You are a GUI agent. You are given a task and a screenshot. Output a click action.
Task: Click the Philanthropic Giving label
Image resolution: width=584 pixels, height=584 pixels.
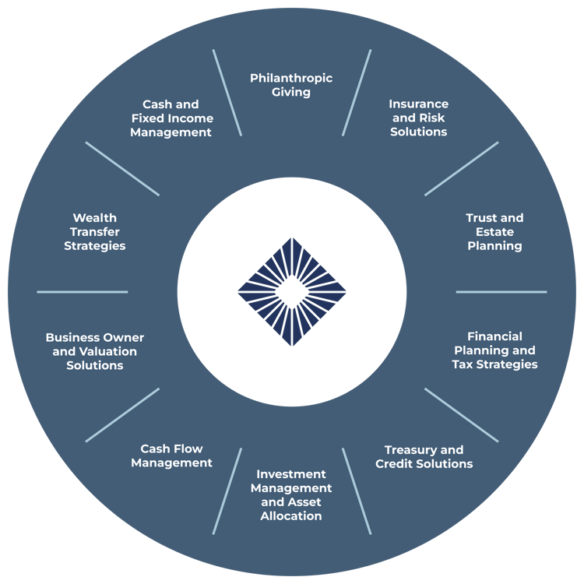pos(291,86)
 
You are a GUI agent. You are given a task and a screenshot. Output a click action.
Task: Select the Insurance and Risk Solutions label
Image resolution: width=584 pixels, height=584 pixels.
pos(419,118)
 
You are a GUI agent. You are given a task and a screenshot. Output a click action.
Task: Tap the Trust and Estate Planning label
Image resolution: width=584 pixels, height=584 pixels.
pos(494,232)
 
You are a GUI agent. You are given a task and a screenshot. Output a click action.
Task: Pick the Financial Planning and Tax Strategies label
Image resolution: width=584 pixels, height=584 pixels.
pos(494,350)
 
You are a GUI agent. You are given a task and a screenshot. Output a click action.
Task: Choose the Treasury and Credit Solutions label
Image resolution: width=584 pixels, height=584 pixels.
pos(424,456)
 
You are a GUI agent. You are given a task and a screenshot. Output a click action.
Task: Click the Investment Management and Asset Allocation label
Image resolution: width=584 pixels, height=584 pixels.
pos(291,495)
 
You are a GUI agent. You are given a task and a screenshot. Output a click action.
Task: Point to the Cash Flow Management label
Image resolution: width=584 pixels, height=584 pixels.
pos(172,456)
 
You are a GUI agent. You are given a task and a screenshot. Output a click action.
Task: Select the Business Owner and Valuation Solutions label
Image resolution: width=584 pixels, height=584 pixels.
pos(94,351)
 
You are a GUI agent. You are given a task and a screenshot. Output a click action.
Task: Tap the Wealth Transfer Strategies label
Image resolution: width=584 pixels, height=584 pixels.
pos(94,232)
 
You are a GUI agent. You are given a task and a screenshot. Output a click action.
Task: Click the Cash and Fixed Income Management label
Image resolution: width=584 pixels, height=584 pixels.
pos(171,118)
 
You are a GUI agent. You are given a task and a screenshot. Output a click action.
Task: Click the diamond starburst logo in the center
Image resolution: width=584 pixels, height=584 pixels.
pos(292,292)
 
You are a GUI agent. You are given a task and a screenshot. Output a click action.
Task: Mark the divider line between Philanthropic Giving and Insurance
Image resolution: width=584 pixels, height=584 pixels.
pos(357,93)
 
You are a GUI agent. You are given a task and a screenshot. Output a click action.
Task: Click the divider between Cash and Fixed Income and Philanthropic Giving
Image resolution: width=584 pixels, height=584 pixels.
pos(227,93)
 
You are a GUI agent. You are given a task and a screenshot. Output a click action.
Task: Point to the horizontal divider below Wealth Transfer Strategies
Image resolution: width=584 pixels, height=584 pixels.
pos(83,292)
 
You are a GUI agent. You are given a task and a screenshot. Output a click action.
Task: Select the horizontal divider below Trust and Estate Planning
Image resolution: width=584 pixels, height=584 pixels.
pos(501,292)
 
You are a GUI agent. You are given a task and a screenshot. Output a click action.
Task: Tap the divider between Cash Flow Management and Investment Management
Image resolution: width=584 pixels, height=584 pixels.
pos(227,491)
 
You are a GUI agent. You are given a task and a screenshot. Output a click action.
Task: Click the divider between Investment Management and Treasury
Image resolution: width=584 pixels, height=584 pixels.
pos(357,491)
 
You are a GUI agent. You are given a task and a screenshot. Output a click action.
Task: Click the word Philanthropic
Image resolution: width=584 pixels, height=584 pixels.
pos(291,79)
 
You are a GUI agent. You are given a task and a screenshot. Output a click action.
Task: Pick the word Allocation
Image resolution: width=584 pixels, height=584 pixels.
pos(291,515)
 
